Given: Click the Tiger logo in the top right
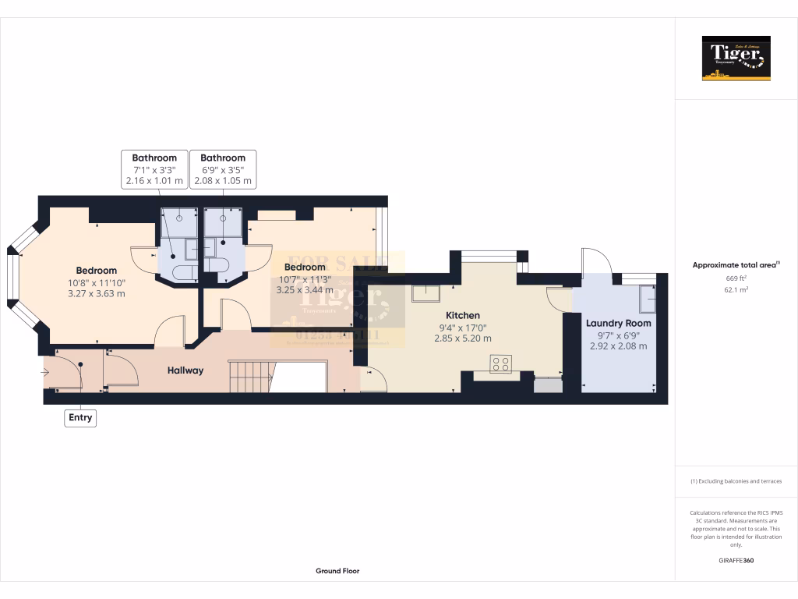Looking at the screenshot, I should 736,58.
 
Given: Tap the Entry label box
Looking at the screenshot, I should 80,418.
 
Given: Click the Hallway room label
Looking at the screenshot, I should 185,370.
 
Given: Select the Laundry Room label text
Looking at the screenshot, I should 618,323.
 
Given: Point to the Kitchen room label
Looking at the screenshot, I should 462,315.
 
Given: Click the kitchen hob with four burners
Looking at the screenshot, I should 500,363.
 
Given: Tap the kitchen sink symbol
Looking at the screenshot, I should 426,293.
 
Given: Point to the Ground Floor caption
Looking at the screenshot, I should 337,571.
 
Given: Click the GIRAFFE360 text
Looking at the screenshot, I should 736,561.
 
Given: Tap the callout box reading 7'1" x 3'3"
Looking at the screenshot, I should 154,169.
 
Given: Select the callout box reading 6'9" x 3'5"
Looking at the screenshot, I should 223,169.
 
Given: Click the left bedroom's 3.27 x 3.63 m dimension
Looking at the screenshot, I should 96,294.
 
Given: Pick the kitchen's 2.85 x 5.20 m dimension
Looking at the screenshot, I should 462,338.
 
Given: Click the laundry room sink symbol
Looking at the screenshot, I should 646,298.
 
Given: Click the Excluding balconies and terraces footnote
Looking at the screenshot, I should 736,481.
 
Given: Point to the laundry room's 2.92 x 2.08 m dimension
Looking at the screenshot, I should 618,346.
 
